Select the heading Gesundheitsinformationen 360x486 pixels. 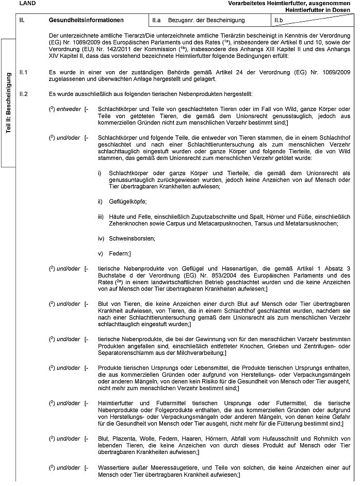click(86, 20)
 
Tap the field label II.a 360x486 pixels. click(157, 20)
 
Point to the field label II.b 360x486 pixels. click(279, 20)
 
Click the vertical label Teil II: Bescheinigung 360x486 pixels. click(9, 104)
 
